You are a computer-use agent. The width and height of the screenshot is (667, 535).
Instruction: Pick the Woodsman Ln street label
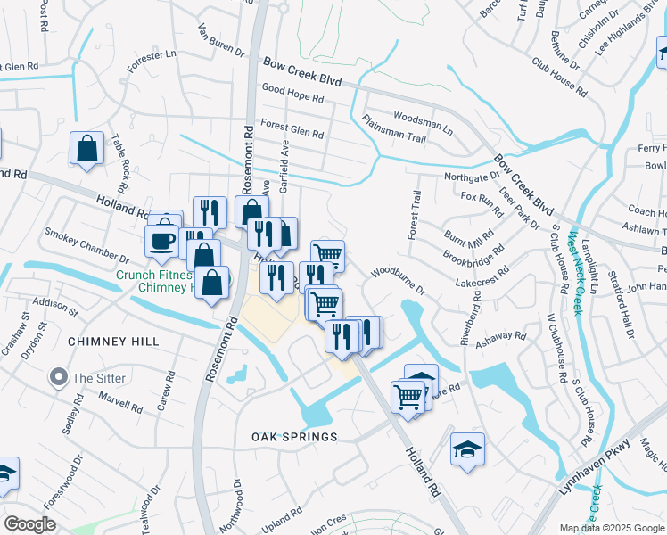pos(423,123)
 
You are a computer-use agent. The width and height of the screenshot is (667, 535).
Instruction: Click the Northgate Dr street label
pos(472,177)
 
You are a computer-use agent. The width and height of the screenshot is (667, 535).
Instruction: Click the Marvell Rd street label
pos(120,401)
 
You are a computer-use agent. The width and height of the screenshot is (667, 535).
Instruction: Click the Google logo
pos(29,524)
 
